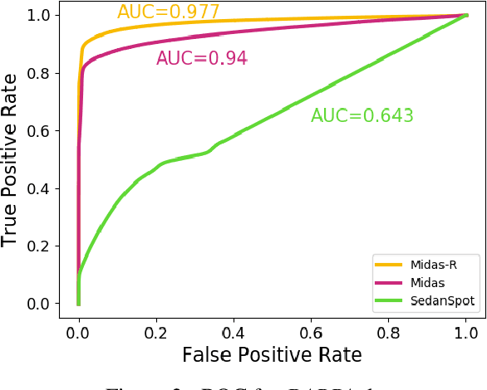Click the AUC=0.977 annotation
[168, 12]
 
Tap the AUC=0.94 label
[201, 59]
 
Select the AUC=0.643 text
[362, 116]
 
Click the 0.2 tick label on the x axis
[155, 333]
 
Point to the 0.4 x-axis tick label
[233, 333]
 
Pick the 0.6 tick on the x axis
[310, 333]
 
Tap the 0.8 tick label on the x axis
[388, 333]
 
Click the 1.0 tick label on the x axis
[465, 333]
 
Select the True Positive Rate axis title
[11, 160]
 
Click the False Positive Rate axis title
[272, 356]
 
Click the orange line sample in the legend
[391, 265]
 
